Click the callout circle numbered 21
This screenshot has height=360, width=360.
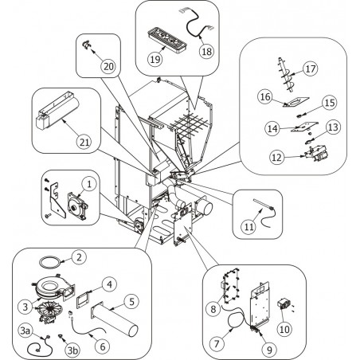84,142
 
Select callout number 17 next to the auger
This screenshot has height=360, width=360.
311,68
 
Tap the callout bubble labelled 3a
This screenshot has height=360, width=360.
25,331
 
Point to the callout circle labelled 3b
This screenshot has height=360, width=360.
72,350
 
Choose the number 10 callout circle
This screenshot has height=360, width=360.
284,329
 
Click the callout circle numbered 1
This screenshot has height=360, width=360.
89,184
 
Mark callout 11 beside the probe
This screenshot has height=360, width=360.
249,226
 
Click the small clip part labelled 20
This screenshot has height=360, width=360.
86,45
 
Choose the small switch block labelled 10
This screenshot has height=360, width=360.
283,303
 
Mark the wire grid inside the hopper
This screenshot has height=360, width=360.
190,124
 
